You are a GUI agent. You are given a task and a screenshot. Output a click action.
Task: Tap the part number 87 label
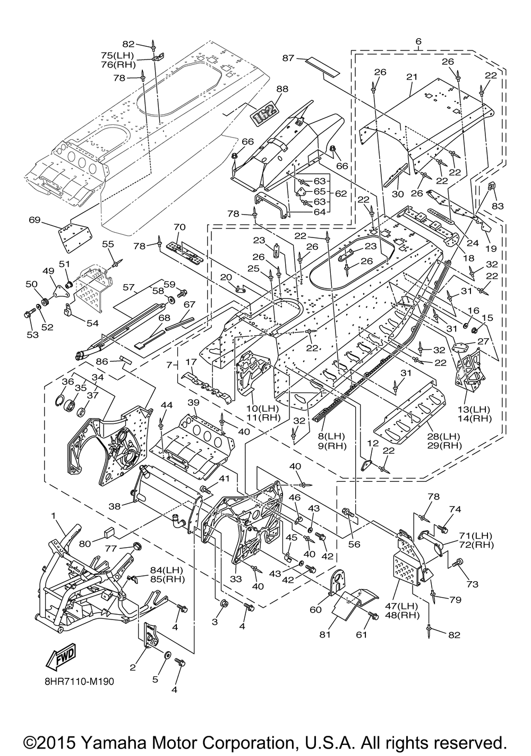pyautogui.click(x=288, y=58)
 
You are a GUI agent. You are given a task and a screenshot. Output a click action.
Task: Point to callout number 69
pyautogui.click(x=35, y=220)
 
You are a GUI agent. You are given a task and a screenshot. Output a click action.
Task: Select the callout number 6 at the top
pyautogui.click(x=418, y=41)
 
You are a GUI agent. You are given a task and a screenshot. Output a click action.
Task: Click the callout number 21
pyautogui.click(x=412, y=77)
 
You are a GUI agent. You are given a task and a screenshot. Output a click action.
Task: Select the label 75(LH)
pyautogui.click(x=118, y=55)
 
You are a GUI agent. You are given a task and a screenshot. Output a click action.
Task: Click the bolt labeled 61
pyautogui.click(x=373, y=616)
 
